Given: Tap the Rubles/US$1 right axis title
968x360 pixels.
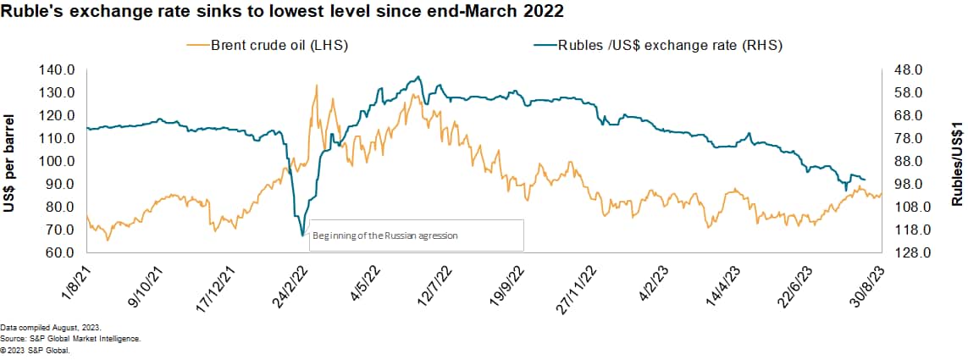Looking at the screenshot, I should click(x=957, y=162).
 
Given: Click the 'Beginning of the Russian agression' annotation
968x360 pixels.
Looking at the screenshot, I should click(x=385, y=235).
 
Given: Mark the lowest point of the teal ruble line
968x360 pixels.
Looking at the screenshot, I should click(x=302, y=235).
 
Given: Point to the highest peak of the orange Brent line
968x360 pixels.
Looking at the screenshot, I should click(x=317, y=85).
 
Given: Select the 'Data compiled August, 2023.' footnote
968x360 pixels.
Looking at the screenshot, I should click(x=48, y=327).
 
